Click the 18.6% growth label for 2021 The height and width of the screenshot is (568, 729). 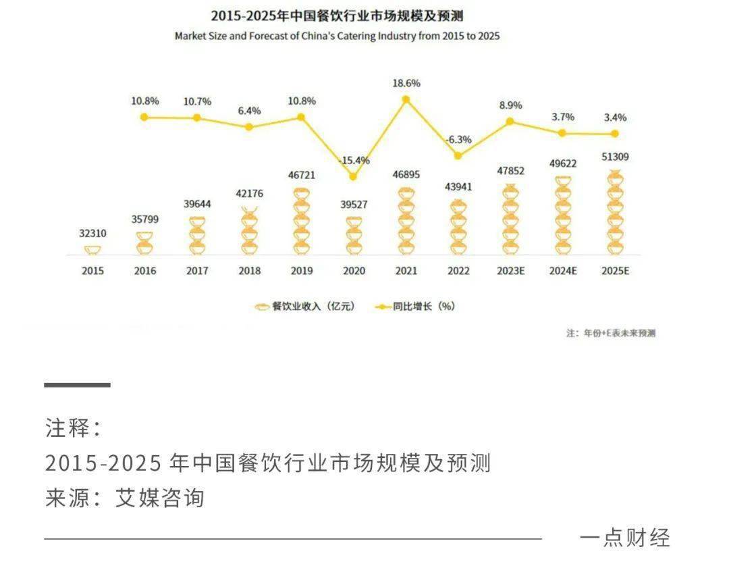pyautogui.click(x=406, y=83)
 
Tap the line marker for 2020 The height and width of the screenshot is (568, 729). pyautogui.click(x=353, y=177)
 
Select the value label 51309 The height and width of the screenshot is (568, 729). pyautogui.click(x=615, y=157)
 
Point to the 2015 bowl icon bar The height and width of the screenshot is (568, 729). pyautogui.click(x=92, y=251)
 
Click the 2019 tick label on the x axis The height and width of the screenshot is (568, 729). pyautogui.click(x=301, y=271)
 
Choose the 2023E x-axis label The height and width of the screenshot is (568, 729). pyautogui.click(x=510, y=271)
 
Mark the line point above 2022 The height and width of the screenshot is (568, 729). pyautogui.click(x=458, y=156)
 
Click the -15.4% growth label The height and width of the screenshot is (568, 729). pyautogui.click(x=354, y=161)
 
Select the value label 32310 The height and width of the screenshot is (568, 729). pyautogui.click(x=92, y=233)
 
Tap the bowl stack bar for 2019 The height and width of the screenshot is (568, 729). pyautogui.click(x=301, y=222)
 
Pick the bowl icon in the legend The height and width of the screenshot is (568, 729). pyautogui.click(x=262, y=307)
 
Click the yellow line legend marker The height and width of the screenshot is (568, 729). pyautogui.click(x=383, y=307)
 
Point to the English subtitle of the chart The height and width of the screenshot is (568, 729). pyautogui.click(x=337, y=36)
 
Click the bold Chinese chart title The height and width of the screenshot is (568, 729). pyautogui.click(x=337, y=16)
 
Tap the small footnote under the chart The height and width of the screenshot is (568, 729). pyautogui.click(x=610, y=333)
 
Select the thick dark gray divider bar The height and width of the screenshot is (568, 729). pyautogui.click(x=77, y=385)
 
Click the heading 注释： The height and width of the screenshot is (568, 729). pyautogui.click(x=73, y=428)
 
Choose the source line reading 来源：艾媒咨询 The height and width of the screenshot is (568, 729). pyautogui.click(x=125, y=498)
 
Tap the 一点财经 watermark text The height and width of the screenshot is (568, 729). pyautogui.click(x=624, y=538)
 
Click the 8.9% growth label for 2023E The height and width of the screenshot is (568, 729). pyautogui.click(x=510, y=105)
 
